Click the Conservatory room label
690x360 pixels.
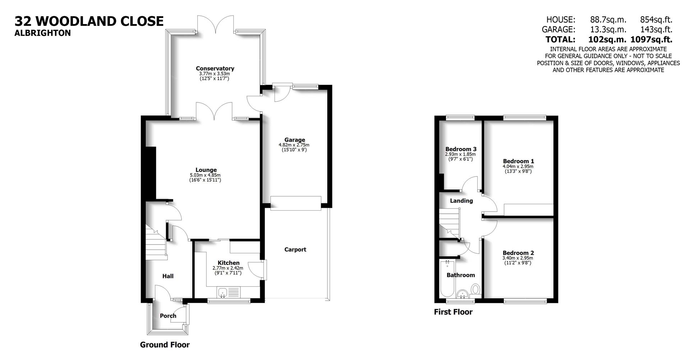[x=215, y=68]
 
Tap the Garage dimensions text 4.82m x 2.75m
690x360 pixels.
[x=294, y=145]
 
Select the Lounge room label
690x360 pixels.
[x=206, y=170]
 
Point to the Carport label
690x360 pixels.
[x=295, y=249]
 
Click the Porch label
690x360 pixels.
[x=168, y=316]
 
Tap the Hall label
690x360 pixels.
[x=168, y=276]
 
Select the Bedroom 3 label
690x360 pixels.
[x=461, y=149]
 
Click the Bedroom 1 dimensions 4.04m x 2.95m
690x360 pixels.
[x=518, y=166]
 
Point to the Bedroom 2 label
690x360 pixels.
[x=518, y=253]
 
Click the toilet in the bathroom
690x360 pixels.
[x=475, y=290]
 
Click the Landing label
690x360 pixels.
[x=461, y=201]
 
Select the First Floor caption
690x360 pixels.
[x=453, y=312]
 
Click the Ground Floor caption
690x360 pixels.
[x=165, y=345]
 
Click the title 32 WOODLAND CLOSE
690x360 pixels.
[x=89, y=21]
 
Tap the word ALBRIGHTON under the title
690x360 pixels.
[x=42, y=33]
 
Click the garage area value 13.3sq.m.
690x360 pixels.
[x=608, y=29]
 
